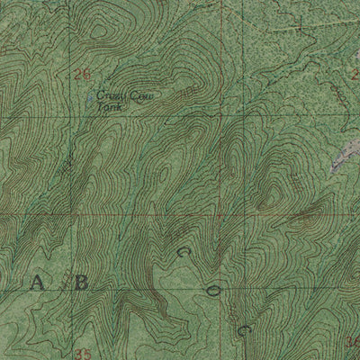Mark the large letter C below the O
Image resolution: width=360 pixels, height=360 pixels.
242,306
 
